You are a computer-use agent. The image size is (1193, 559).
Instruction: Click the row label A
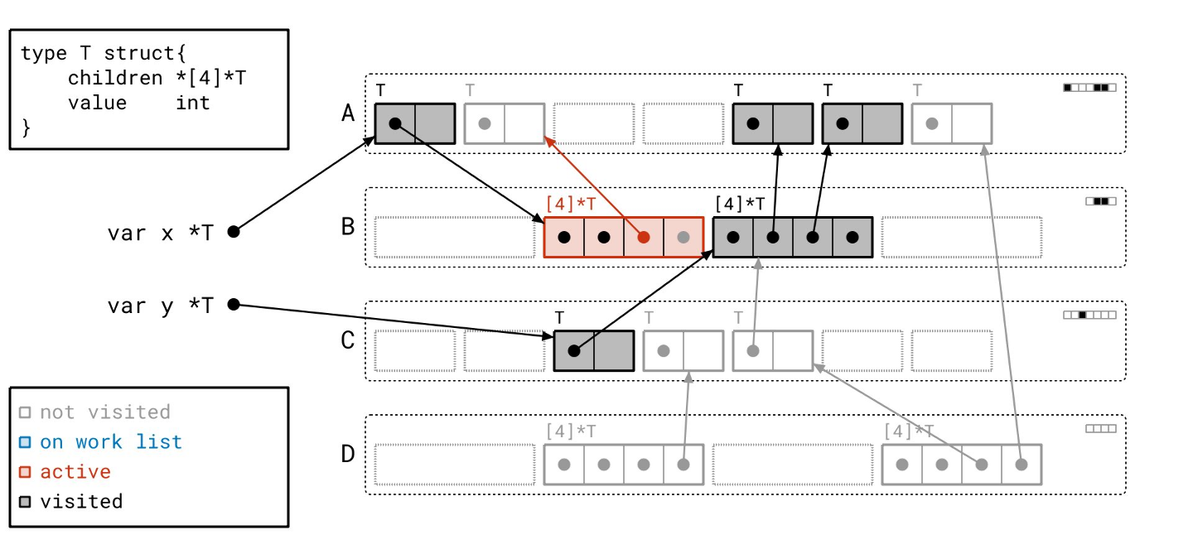pyautogui.click(x=349, y=113)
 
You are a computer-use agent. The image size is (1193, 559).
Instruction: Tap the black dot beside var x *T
pyautogui.click(x=234, y=232)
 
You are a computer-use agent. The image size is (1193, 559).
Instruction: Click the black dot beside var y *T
pyautogui.click(x=234, y=305)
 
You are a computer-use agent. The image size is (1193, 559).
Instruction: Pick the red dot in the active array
pyautogui.click(x=644, y=237)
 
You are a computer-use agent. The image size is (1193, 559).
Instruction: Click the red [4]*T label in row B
pyautogui.click(x=571, y=203)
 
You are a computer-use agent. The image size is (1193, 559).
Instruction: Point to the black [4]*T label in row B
pyautogui.click(x=740, y=203)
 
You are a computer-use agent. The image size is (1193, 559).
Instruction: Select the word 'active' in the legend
pyautogui.click(x=75, y=471)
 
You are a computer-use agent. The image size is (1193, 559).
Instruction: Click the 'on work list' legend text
pyautogui.click(x=111, y=441)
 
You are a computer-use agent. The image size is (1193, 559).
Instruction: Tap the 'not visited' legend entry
pyautogui.click(x=105, y=412)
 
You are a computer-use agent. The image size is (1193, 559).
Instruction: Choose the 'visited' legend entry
pyautogui.click(x=81, y=501)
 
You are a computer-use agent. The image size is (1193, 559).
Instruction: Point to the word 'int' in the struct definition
pyautogui.click(x=192, y=103)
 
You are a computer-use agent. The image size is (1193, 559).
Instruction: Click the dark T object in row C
pyautogui.click(x=593, y=350)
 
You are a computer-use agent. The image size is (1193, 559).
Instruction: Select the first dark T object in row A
pyautogui.click(x=414, y=123)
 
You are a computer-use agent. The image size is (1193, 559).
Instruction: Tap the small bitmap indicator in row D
pyautogui.click(x=1100, y=429)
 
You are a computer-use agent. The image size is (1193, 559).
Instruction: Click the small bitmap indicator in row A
pyautogui.click(x=1089, y=87)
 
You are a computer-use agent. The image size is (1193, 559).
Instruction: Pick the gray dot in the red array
pyautogui.click(x=683, y=237)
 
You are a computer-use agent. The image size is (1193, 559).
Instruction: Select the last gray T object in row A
pyautogui.click(x=951, y=123)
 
